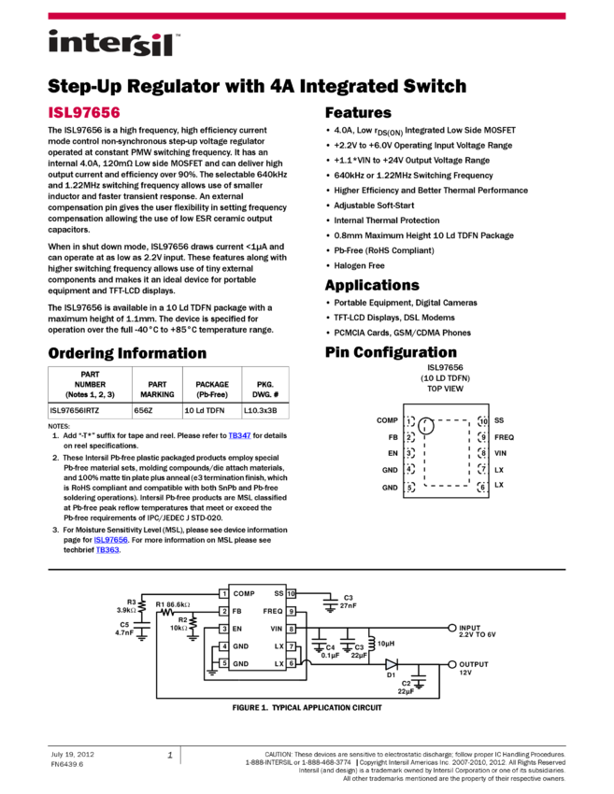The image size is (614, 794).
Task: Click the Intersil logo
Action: [x=114, y=44]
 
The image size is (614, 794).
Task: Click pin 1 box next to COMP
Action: [x=224, y=593]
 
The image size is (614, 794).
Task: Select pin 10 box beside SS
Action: [x=291, y=593]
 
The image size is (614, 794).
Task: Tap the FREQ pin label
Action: [x=273, y=611]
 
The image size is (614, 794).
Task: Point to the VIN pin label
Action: [x=277, y=629]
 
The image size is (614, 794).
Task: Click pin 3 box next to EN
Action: [x=224, y=629]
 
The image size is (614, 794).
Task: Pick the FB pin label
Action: [x=237, y=611]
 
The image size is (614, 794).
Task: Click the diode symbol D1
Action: [x=391, y=664]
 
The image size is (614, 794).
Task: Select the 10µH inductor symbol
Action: [x=371, y=644]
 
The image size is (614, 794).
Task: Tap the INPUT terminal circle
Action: [x=452, y=628]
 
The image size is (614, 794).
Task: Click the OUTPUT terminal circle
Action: [x=452, y=664]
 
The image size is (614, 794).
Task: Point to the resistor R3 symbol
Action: [x=142, y=605]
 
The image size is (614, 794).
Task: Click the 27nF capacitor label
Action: [x=348, y=605]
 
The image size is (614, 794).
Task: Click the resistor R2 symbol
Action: [x=193, y=624]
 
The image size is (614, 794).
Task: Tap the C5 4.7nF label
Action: [x=125, y=628]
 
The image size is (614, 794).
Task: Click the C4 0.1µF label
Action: [x=330, y=651]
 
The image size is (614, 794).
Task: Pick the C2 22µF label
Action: [x=406, y=687]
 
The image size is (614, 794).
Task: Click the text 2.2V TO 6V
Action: [x=478, y=634]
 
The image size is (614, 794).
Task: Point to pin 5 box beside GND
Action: [x=224, y=663]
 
